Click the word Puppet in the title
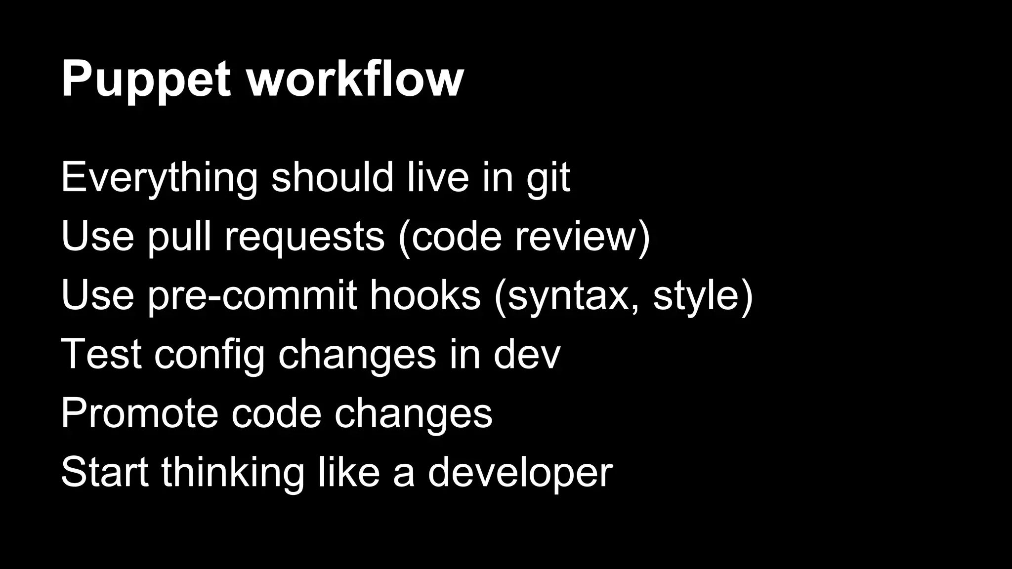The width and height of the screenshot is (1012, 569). click(x=146, y=79)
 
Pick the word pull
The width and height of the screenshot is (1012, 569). click(x=179, y=237)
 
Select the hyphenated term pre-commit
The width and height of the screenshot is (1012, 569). click(x=252, y=296)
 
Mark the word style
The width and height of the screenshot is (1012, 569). click(x=697, y=296)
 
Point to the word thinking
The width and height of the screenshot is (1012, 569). click(x=232, y=473)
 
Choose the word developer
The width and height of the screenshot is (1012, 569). click(x=520, y=473)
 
